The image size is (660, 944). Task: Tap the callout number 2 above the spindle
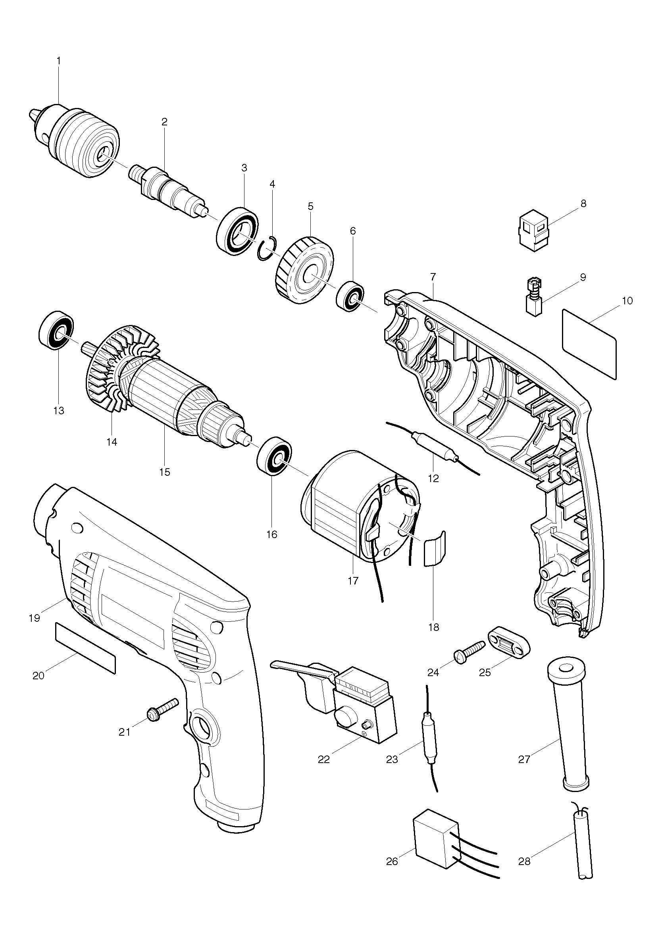pyautogui.click(x=164, y=122)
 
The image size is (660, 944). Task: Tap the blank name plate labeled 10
pyautogui.click(x=589, y=344)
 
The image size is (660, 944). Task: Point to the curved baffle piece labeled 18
pyautogui.click(x=434, y=548)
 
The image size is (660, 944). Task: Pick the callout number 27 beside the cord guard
pyautogui.click(x=524, y=759)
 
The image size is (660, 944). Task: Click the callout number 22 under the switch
pyautogui.click(x=324, y=759)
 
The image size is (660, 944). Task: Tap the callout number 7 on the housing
pyautogui.click(x=433, y=276)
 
